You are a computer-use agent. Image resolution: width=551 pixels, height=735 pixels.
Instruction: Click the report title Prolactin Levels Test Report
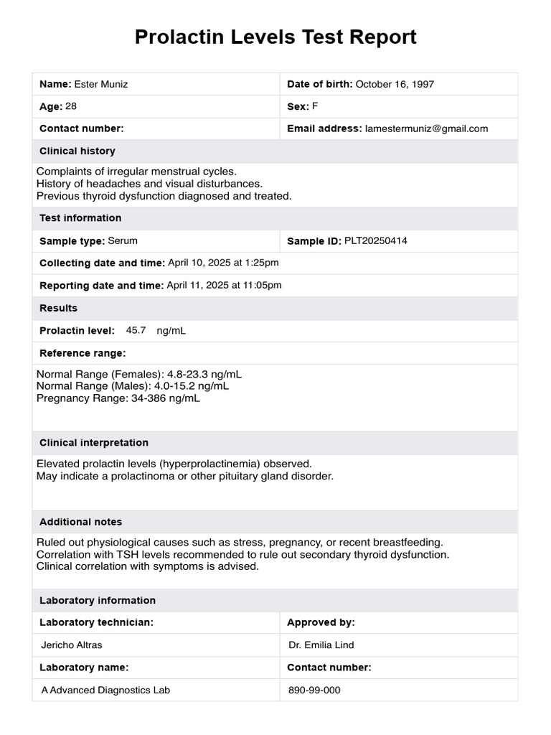pyautogui.click(x=275, y=37)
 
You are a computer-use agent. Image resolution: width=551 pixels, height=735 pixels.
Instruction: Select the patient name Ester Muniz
pyautogui.click(x=101, y=84)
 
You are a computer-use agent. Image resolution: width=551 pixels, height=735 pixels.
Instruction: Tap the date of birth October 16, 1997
pyautogui.click(x=395, y=84)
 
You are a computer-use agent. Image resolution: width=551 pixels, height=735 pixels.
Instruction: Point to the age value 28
pyautogui.click(x=71, y=106)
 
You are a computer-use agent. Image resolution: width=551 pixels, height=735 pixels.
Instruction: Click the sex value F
pyautogui.click(x=314, y=106)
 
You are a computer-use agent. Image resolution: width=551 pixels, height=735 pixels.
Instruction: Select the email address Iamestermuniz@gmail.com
pyautogui.click(x=426, y=128)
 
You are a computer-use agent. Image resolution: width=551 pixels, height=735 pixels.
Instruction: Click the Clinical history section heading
pyautogui.click(x=77, y=151)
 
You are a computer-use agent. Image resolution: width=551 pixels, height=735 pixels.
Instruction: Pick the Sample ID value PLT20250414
pyautogui.click(x=376, y=240)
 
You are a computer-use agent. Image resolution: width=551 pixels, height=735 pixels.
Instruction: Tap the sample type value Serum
pyautogui.click(x=123, y=240)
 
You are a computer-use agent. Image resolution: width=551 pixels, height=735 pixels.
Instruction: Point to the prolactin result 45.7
pyautogui.click(x=136, y=330)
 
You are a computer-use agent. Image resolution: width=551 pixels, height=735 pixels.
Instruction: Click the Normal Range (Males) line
pyautogui.click(x=133, y=386)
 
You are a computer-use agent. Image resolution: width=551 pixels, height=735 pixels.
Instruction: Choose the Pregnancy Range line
pyautogui.click(x=118, y=398)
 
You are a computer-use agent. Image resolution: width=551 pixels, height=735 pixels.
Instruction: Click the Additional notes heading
pyautogui.click(x=81, y=522)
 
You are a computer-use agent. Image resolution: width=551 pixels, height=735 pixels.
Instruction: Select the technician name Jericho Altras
pyautogui.click(x=72, y=645)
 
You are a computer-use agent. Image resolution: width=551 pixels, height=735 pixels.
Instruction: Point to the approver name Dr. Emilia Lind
pyautogui.click(x=321, y=645)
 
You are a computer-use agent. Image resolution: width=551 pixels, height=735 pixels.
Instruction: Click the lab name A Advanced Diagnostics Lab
pyautogui.click(x=106, y=690)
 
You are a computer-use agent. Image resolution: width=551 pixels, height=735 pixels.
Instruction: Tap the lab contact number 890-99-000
pyautogui.click(x=315, y=690)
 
